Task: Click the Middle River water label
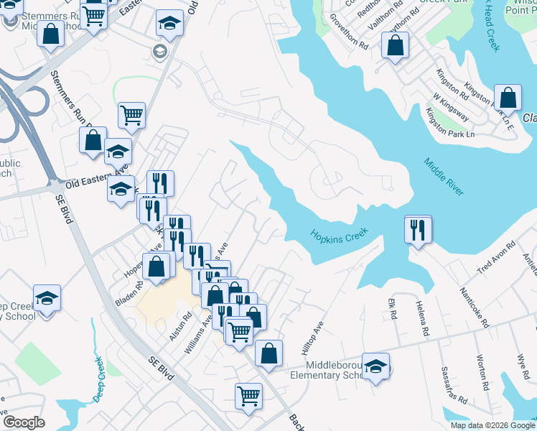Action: point(444,177)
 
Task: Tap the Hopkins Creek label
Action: point(339,234)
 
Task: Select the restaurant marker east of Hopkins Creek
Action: point(418,230)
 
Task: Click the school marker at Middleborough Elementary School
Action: point(375,367)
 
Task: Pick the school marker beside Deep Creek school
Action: point(47,298)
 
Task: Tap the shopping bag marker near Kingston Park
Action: point(508,99)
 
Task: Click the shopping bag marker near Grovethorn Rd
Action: point(395,47)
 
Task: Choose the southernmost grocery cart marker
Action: point(248,396)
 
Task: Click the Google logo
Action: point(23,422)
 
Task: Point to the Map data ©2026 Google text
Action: point(492,425)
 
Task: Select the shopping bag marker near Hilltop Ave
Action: point(268,353)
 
